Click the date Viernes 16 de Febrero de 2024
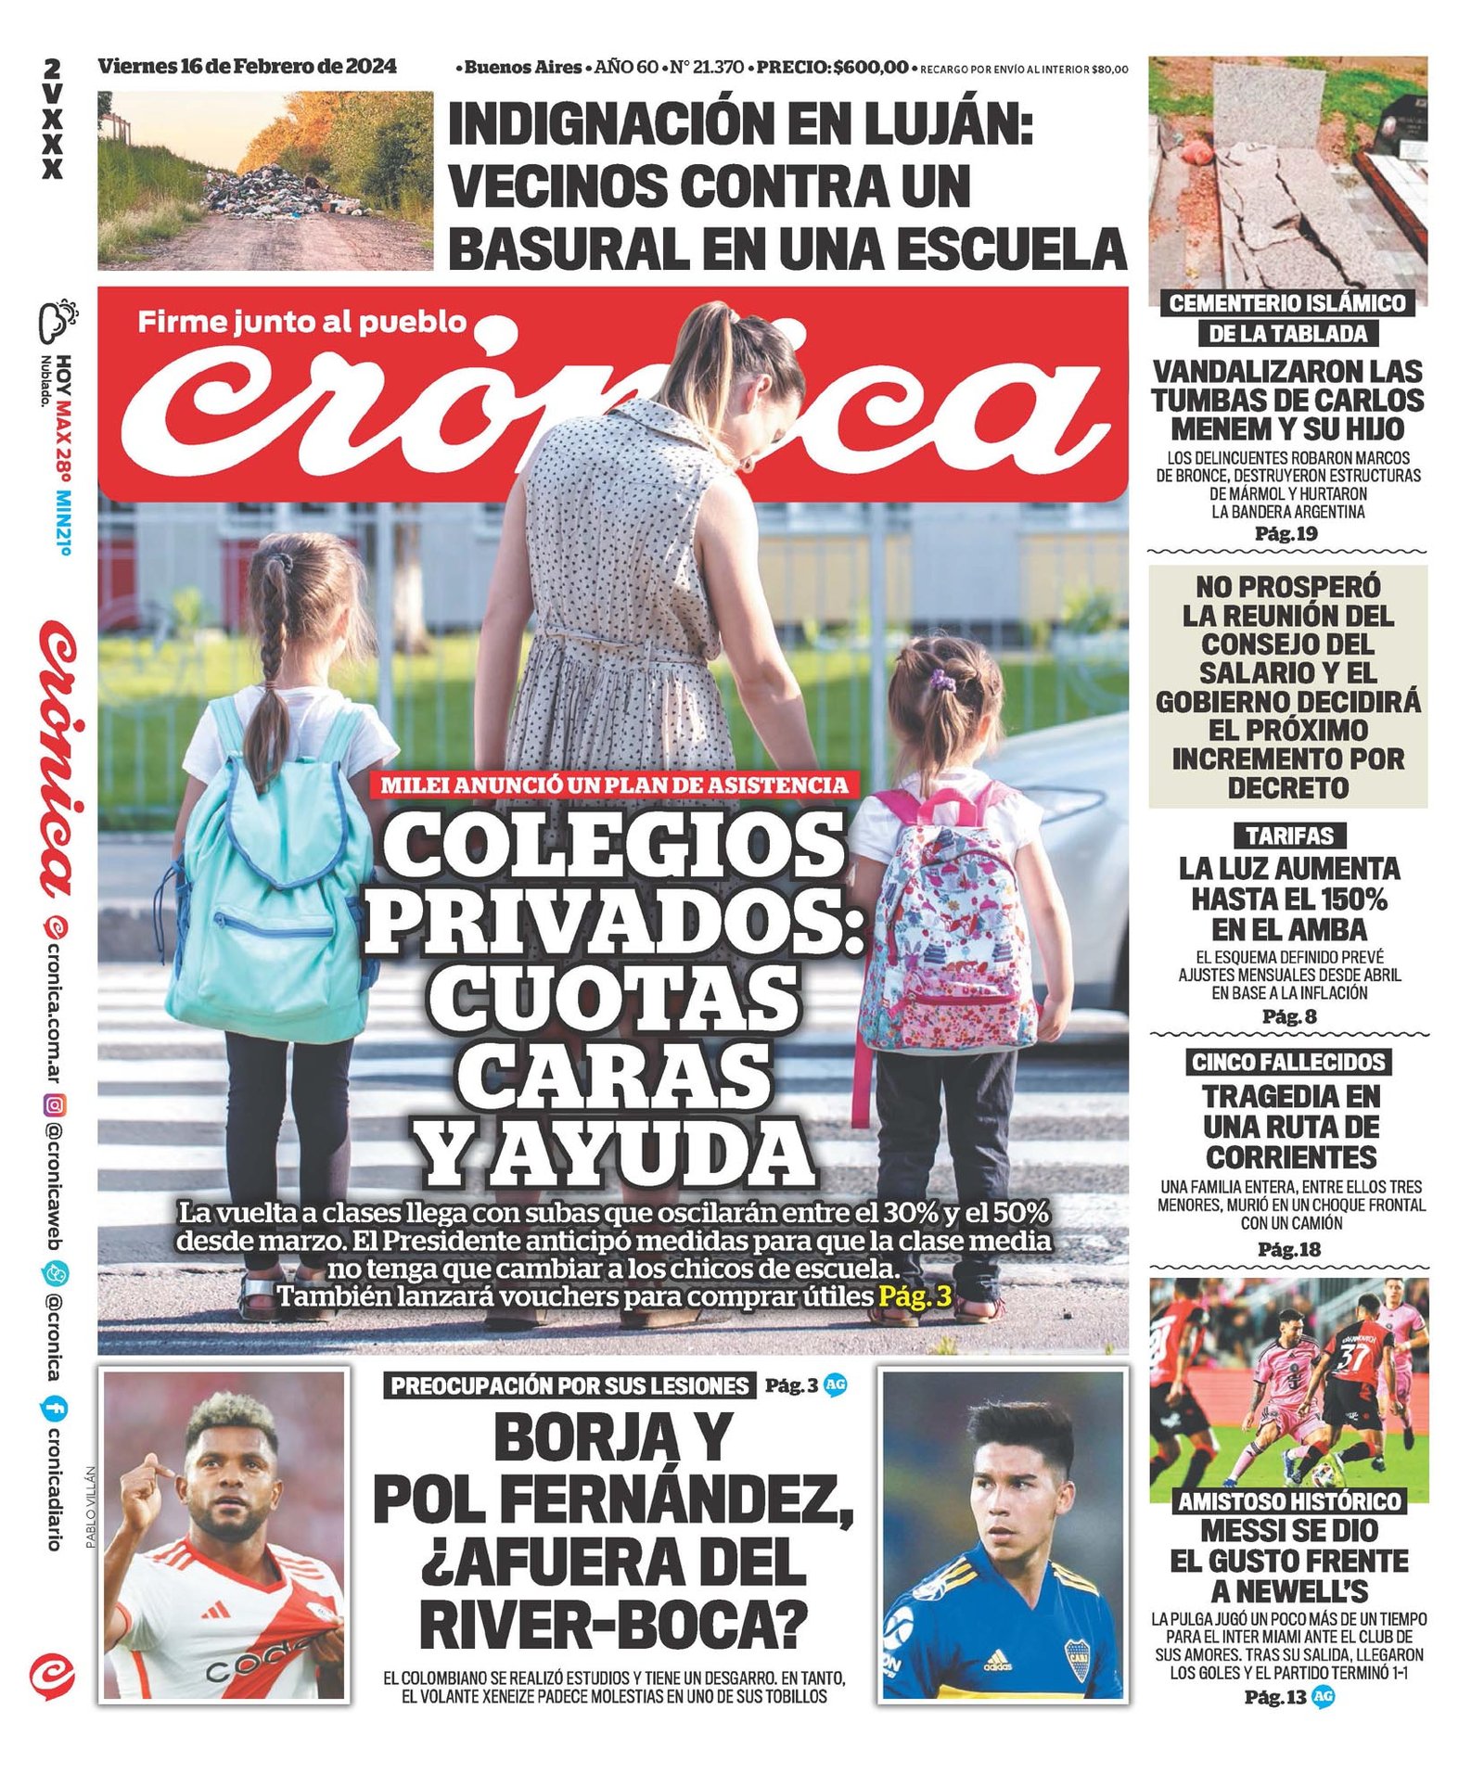pyautogui.click(x=247, y=67)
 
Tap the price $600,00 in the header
pyautogui.click(x=871, y=68)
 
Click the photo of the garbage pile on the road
pyautogui.click(x=265, y=180)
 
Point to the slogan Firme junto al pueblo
pyautogui.click(x=302, y=322)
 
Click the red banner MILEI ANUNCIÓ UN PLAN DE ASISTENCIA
pyautogui.click(x=614, y=785)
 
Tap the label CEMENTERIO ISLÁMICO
pyautogui.click(x=1287, y=303)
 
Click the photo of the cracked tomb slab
pyautogui.click(x=1287, y=176)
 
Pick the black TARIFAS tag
pyautogui.click(x=1289, y=836)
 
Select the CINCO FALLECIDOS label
pyautogui.click(x=1288, y=1062)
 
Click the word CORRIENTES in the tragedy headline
pyautogui.click(x=1292, y=1157)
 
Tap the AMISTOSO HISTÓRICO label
pyautogui.click(x=1289, y=1501)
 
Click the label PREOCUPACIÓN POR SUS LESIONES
pyautogui.click(x=569, y=1385)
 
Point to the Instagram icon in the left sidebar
pyautogui.click(x=55, y=1104)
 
